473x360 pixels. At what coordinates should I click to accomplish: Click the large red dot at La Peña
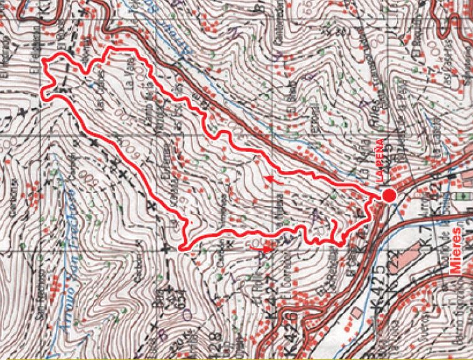pos(389,196)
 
